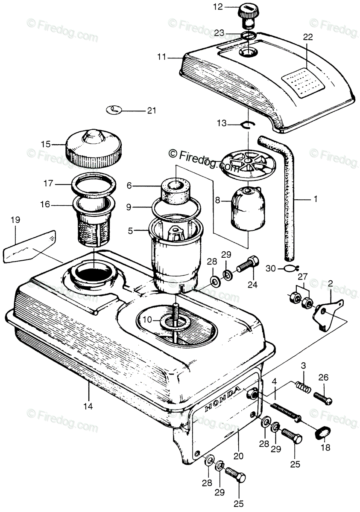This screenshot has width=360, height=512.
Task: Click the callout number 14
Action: [x=88, y=406]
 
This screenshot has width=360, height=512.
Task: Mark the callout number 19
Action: [x=15, y=221]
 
